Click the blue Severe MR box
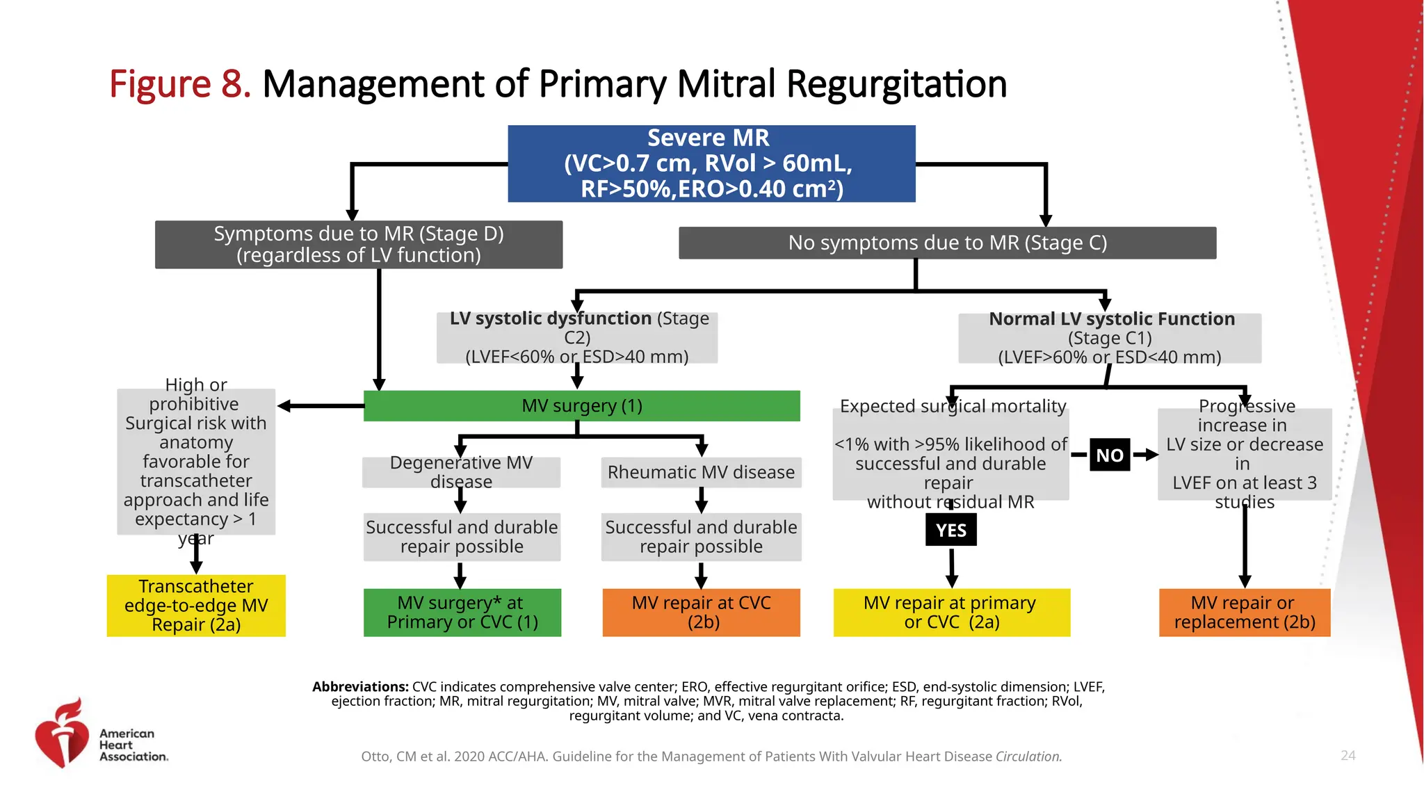coord(711,163)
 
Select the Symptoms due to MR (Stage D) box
coord(359,244)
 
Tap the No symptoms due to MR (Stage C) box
coord(947,243)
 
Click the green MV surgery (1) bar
coord(582,405)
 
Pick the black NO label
coord(1110,455)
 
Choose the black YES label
coord(951,530)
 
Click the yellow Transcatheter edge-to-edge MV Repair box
coord(196,605)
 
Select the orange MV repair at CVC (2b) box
coord(702,612)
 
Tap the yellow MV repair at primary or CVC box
coord(951,612)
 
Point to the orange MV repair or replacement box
coord(1245,612)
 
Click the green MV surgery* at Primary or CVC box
coord(462,612)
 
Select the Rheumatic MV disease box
coord(701,472)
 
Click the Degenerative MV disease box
coord(461,472)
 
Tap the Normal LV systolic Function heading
coord(1111,319)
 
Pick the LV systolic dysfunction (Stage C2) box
coord(577,338)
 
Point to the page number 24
coord(1348,755)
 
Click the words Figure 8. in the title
coord(180,84)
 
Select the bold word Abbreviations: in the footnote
coord(360,687)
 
